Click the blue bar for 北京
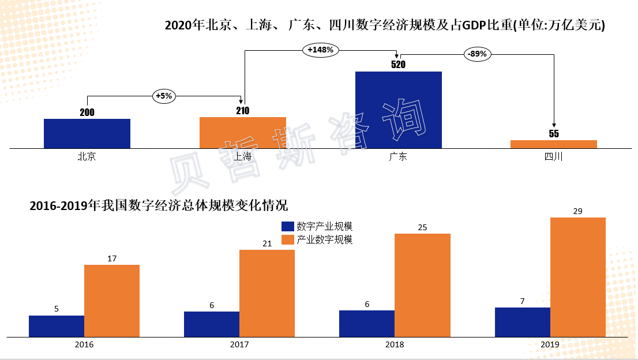87,133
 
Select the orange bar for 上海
242,133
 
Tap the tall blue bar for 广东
398,110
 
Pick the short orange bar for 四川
554,144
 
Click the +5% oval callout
164,96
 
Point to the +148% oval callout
321,50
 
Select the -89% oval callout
477,54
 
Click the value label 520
398,65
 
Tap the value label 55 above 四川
554,134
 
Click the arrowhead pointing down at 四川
554,124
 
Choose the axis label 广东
398,156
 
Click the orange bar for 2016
112,301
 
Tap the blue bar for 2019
523,322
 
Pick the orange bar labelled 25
422,285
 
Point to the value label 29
578,211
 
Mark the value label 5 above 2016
57,309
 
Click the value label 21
267,243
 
